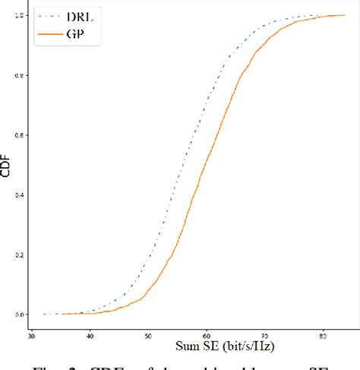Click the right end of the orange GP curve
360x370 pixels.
pyautogui.click(x=344, y=15)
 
